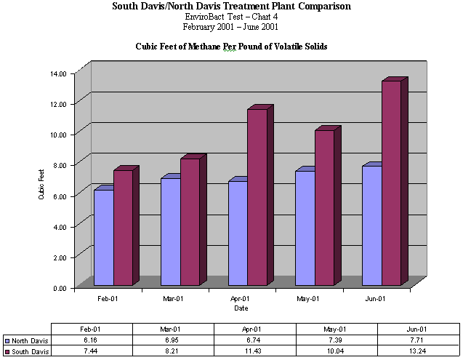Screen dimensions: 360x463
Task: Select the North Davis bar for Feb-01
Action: (x=103, y=236)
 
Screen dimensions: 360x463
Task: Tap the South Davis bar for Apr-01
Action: (x=257, y=196)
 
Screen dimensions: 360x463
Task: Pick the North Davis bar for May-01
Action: (x=305, y=227)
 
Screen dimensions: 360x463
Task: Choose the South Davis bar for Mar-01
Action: (x=190, y=222)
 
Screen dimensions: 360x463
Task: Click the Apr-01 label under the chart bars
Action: (x=240, y=299)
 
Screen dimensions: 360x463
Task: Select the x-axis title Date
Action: (x=241, y=308)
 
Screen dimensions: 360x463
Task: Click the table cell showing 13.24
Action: (x=418, y=352)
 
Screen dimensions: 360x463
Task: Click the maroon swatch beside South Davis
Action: (x=7, y=352)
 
